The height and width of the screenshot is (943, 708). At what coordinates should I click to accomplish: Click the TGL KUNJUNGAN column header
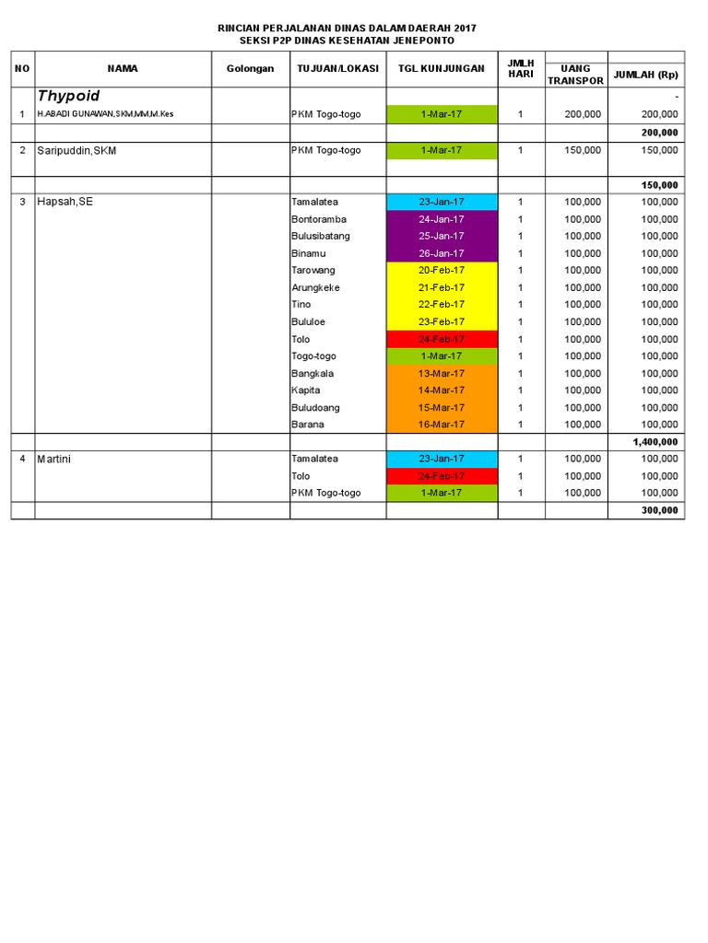click(442, 69)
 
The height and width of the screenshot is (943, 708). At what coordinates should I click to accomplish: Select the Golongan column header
click(250, 69)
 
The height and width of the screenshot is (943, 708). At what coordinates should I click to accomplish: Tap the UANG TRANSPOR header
click(576, 75)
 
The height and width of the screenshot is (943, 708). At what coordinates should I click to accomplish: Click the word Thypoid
click(68, 96)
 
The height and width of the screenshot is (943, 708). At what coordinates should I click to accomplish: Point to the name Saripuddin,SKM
click(77, 150)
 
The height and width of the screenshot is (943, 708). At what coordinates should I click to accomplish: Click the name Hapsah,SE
click(65, 202)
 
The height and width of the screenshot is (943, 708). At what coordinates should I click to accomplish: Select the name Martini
click(57, 459)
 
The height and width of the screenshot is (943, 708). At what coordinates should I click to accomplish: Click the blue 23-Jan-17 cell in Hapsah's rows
click(442, 202)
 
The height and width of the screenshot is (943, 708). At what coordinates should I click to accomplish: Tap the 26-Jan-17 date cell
click(442, 253)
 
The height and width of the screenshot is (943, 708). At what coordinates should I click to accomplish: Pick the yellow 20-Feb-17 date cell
click(442, 271)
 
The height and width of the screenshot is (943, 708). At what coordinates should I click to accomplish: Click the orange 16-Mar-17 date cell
click(442, 425)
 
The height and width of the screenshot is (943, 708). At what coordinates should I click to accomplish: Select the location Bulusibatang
click(320, 236)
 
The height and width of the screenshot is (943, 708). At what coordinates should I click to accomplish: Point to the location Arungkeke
click(315, 287)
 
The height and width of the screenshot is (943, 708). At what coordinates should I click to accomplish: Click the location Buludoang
click(314, 407)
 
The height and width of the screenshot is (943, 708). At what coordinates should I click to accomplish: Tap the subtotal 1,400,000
click(655, 442)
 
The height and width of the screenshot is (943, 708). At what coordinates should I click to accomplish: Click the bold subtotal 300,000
click(660, 510)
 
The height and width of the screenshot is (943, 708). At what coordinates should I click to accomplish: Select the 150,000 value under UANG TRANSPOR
click(584, 150)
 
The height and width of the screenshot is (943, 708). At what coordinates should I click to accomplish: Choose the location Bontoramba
click(318, 219)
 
